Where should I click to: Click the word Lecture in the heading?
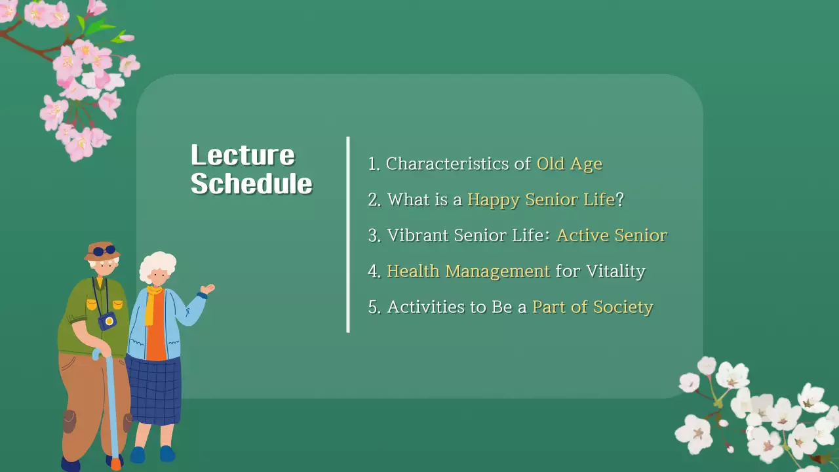click(x=243, y=155)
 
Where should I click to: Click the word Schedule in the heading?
click(x=251, y=184)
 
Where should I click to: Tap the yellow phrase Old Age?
click(x=569, y=164)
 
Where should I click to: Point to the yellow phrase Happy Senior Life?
click(x=541, y=199)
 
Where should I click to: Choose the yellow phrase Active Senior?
click(x=611, y=235)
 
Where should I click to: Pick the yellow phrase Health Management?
click(x=468, y=271)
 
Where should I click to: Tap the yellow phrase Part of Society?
click(x=593, y=306)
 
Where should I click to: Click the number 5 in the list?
click(x=374, y=307)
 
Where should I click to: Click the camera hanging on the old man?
click(x=107, y=321)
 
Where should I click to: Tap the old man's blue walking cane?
click(x=111, y=406)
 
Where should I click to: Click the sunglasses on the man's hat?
click(x=104, y=251)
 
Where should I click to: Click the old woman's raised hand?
click(x=208, y=288)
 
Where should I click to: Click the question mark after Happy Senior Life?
click(x=619, y=199)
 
